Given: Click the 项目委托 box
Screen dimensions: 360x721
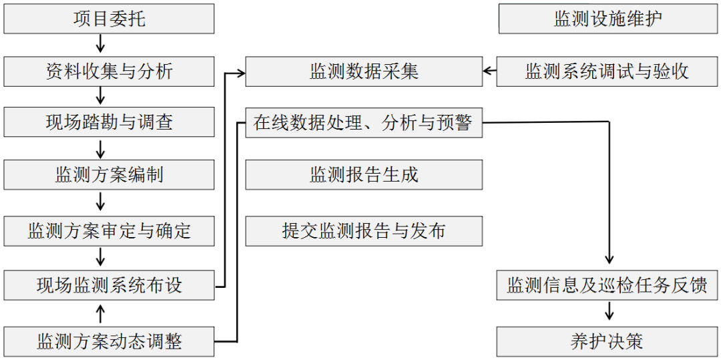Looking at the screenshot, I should click(109, 19).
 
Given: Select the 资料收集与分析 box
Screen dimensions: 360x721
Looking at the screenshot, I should click(109, 71).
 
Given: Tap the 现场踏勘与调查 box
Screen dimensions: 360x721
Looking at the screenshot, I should click(109, 123).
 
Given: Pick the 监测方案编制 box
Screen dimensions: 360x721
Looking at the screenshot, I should click(109, 175).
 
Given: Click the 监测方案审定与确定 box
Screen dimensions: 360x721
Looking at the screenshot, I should click(109, 230).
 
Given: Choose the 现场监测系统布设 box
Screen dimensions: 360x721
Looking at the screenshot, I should click(109, 285).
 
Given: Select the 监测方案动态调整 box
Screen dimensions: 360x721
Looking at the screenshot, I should click(109, 341).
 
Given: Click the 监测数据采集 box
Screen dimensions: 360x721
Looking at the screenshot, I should click(364, 71).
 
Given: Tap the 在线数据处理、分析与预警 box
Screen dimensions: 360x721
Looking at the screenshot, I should click(364, 123).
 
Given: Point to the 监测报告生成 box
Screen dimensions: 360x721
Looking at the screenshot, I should click(364, 175).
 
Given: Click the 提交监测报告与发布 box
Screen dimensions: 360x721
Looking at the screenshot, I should click(364, 230).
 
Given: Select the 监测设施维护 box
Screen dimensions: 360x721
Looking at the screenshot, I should click(608, 19).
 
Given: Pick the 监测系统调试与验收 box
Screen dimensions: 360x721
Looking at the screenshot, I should click(608, 71).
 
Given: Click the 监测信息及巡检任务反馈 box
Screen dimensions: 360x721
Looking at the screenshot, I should click(608, 286).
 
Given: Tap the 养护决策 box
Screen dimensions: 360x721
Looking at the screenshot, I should click(608, 341).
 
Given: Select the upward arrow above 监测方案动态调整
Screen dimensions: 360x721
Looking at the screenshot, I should click(101, 313).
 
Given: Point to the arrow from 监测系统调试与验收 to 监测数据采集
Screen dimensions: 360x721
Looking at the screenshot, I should click(489, 71).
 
